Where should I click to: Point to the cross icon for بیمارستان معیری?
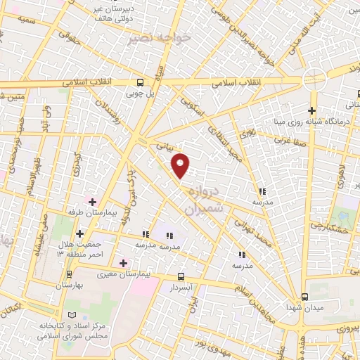click(x=124, y=263)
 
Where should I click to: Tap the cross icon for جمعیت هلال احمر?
click(x=79, y=233)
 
